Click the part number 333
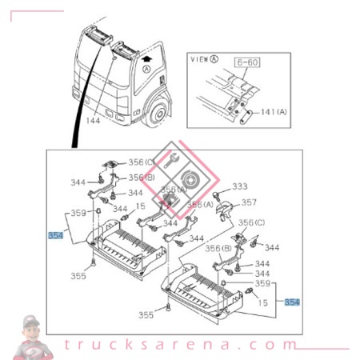pyautogui.click(x=240, y=186)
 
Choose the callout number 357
pyautogui.click(x=250, y=202)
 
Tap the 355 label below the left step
pyautogui.click(x=77, y=276)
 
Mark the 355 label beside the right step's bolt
pyautogui.click(x=145, y=315)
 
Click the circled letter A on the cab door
pyautogui.click(x=146, y=70)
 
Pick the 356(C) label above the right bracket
pyautogui.click(x=254, y=222)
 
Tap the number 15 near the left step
pyautogui.click(x=141, y=207)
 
